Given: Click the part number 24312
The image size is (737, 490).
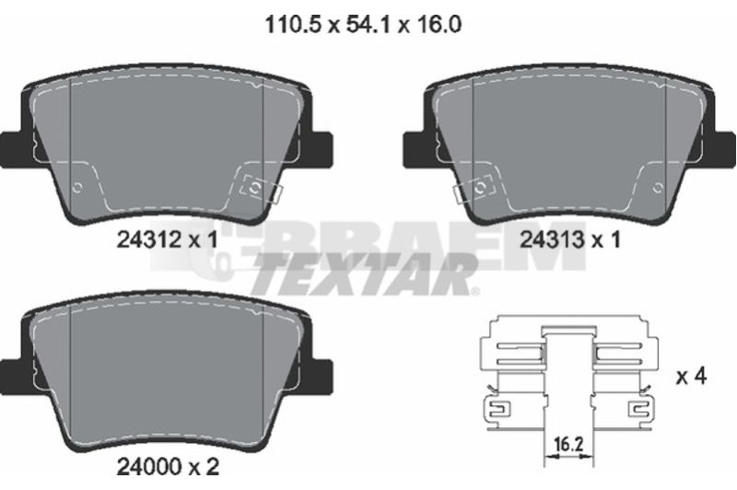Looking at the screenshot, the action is click(148, 240).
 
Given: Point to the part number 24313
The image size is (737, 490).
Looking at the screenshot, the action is click(552, 240).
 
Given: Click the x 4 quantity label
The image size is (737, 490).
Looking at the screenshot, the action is click(692, 376).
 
